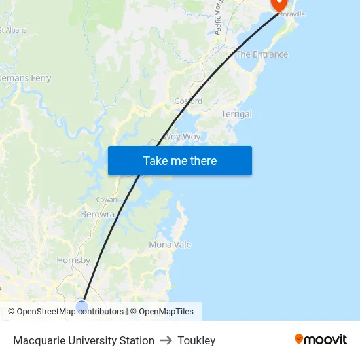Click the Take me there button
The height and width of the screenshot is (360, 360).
pos(180,161)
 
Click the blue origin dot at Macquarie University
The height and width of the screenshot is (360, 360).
pos(82,306)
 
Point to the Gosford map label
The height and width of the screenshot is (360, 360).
pos(188,101)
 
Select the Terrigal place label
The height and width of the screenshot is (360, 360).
pos(236,114)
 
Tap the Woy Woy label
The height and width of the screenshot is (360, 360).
pos(181,137)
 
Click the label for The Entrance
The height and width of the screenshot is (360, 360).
pos(262,54)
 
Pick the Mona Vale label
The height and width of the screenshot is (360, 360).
pos(170,245)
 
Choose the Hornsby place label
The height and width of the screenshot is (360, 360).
pos(73,260)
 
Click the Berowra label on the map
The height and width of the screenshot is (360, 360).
pos(98,214)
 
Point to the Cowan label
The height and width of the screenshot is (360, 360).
pos(106,200)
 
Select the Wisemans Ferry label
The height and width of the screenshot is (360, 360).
pos(25,78)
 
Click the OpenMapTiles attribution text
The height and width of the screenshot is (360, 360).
pos(166,312)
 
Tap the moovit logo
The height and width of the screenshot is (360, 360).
pos(321,339)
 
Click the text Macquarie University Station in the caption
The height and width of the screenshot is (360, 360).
pos(84,340)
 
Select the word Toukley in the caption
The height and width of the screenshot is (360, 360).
pos(196,340)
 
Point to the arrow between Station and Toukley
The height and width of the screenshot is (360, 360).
pos(166,340)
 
